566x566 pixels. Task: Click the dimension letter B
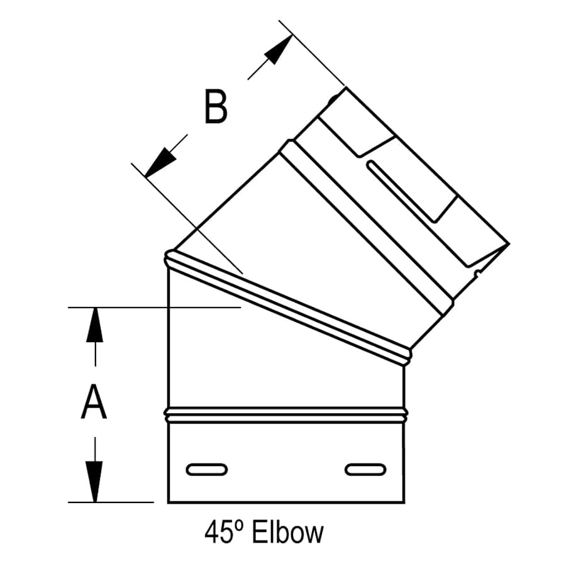(x=215, y=106)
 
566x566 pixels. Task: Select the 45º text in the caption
(x=225, y=533)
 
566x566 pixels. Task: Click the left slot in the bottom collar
(x=206, y=469)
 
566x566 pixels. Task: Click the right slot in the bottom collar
(x=365, y=469)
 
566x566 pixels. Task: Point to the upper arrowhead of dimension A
(x=94, y=323)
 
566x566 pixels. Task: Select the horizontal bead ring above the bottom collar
(x=286, y=414)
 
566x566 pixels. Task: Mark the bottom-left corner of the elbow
(x=168, y=502)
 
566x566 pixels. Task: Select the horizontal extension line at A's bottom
(x=111, y=502)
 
